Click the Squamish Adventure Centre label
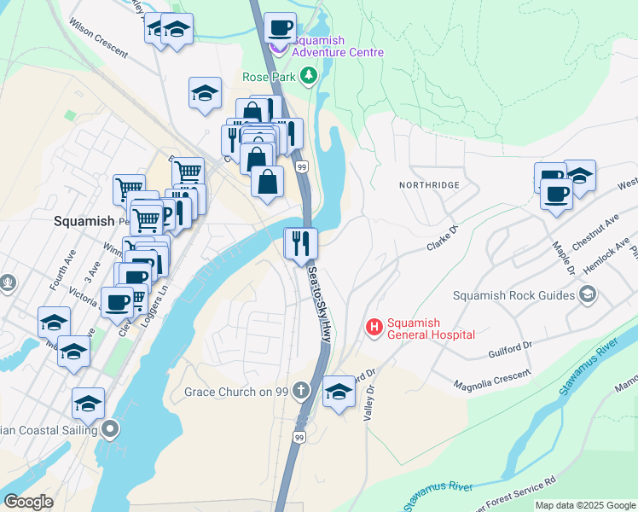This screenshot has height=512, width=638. click(x=337, y=46)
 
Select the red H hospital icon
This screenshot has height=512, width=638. click(x=373, y=327)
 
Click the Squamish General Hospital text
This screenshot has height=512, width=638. click(x=430, y=329)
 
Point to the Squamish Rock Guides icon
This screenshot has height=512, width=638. click(x=587, y=295)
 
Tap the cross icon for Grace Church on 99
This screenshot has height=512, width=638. click(x=299, y=392)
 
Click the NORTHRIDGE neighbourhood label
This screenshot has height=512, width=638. click(x=429, y=184)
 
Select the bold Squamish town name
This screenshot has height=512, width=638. click(x=84, y=220)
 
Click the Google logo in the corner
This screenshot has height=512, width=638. click(x=28, y=502)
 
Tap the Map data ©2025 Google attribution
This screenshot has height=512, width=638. click(x=584, y=505)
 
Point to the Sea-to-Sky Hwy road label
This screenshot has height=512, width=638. click(x=319, y=303)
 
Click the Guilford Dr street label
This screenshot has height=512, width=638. click(x=510, y=350)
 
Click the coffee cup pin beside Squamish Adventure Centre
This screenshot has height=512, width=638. click(x=280, y=28)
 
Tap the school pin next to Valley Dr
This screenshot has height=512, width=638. click(x=339, y=392)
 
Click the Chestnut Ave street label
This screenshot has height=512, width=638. click(x=594, y=231)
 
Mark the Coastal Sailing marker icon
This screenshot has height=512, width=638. click(x=109, y=428)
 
